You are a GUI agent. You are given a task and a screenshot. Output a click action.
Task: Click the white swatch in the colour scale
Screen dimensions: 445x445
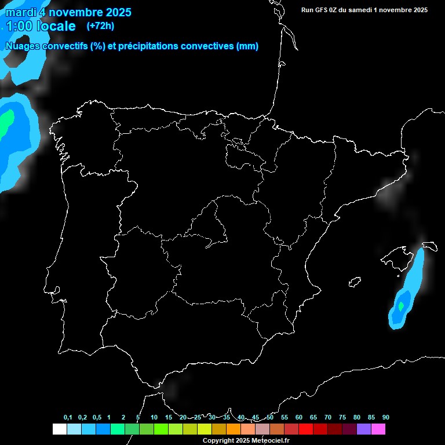point(59,429)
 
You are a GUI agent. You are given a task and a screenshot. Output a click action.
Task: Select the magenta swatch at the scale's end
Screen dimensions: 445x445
point(378,429)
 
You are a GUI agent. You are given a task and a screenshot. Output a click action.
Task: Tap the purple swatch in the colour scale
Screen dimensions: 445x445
point(364,429)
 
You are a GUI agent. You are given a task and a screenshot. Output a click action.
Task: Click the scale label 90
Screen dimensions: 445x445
point(386,418)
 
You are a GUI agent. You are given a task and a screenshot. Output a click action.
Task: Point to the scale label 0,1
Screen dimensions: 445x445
point(68,418)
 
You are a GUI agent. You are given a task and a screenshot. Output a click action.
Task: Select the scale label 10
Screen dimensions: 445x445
point(154,418)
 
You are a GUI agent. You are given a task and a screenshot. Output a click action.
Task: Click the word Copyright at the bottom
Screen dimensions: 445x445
point(217,441)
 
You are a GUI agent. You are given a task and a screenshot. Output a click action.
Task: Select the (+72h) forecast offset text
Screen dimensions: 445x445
point(100,25)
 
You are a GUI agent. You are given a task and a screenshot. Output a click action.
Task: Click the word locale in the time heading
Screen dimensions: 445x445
point(56,26)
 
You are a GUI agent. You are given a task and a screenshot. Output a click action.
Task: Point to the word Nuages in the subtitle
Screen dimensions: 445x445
point(22,46)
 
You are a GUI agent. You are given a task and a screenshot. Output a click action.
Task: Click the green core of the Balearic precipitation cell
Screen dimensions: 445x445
point(400,305)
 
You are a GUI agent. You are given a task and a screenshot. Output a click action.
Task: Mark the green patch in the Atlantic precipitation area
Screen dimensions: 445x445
point(5,121)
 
